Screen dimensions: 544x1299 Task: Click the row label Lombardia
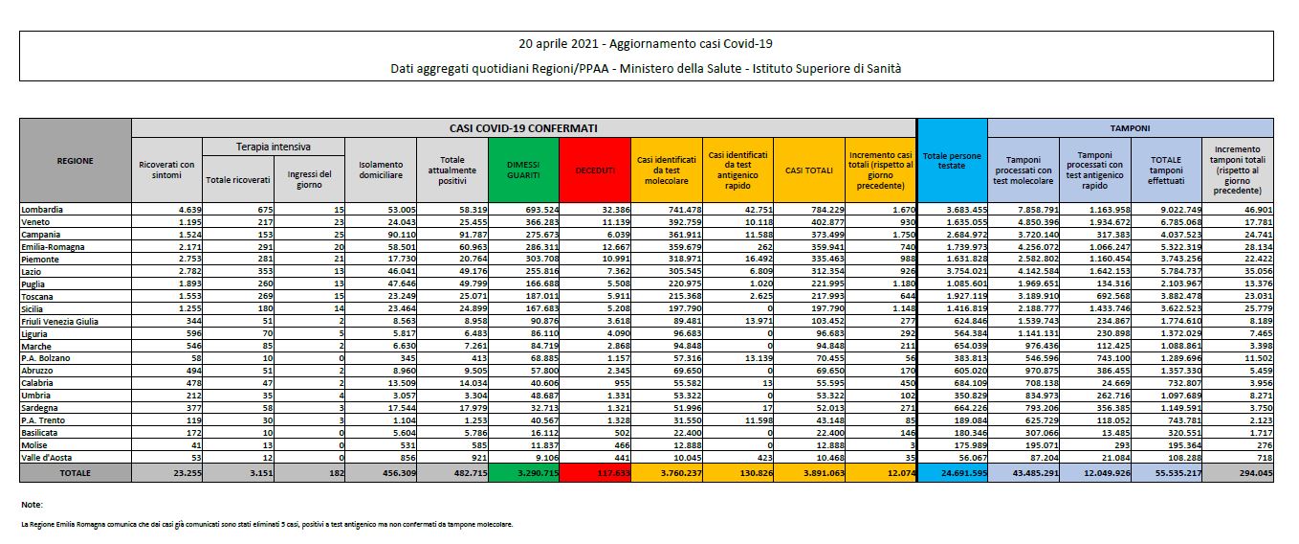coord(42,207)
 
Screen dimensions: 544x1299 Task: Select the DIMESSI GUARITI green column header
coord(523,170)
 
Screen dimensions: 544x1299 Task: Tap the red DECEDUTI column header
coord(595,170)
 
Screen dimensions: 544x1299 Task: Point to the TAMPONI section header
coord(1130,127)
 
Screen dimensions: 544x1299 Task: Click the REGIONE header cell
coord(75,160)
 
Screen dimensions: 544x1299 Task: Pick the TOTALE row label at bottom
coord(75,473)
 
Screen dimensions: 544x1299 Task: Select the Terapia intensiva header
coord(273,147)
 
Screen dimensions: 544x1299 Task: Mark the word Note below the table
coord(32,504)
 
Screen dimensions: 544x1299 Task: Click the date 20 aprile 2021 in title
coord(560,43)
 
